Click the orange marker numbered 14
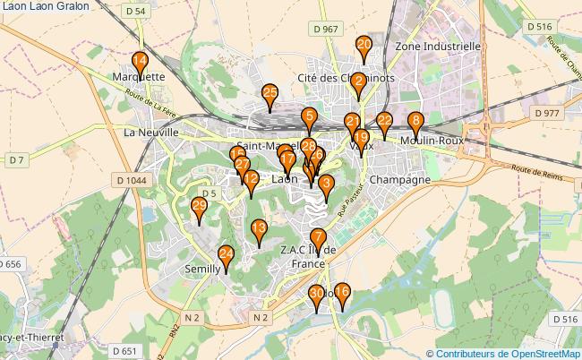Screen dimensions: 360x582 pos(140,63)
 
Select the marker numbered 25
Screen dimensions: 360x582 pos(270,95)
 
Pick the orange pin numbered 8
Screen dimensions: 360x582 pos(415,123)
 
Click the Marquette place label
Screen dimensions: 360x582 pos(140,77)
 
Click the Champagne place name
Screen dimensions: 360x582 pos(399,179)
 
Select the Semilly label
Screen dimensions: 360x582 pos(202,269)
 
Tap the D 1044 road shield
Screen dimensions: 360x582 pos(131,180)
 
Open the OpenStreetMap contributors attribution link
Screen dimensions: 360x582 pos(508,353)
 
